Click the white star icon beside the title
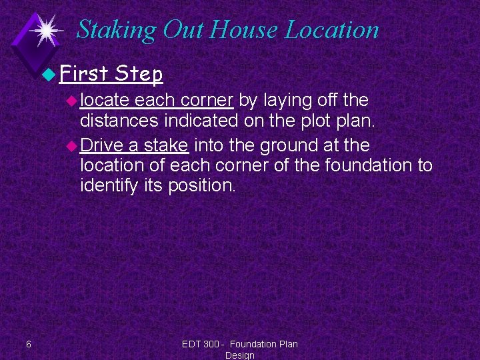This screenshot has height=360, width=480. click(x=46, y=30)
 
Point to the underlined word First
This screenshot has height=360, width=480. click(x=83, y=73)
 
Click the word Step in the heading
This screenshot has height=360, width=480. click(x=139, y=73)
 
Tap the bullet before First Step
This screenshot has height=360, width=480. click(x=51, y=74)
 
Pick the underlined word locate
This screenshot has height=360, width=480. click(x=105, y=101)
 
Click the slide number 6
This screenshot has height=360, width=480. click(x=28, y=344)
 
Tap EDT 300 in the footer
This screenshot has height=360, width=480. click(x=201, y=344)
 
